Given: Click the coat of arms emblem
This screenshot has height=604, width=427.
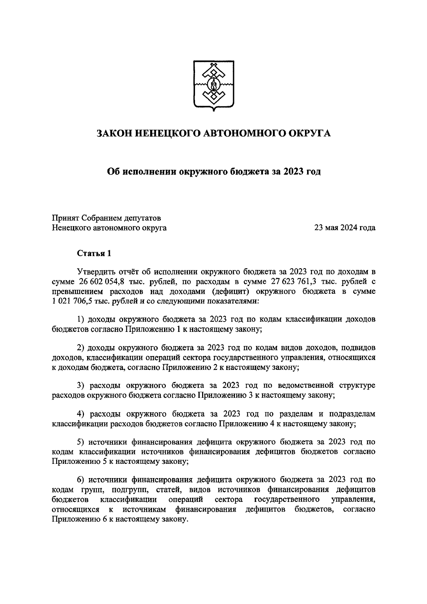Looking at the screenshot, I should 213,85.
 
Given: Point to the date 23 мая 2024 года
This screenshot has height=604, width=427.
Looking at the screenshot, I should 344,228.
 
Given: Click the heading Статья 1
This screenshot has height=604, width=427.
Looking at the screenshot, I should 94,253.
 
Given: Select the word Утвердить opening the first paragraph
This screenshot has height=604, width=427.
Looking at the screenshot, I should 95,272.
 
